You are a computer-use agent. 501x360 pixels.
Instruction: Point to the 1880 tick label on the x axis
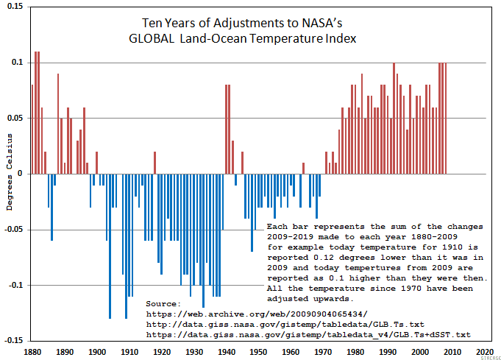[32, 352]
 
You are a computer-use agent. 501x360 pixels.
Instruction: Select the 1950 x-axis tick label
[259, 352]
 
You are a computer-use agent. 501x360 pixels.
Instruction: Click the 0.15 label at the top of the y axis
[14, 7]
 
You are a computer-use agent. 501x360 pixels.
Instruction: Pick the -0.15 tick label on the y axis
[13, 340]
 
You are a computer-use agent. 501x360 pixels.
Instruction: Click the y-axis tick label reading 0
[20, 174]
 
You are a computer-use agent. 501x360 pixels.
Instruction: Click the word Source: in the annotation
[163, 303]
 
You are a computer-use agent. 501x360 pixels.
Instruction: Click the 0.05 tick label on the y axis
[14, 118]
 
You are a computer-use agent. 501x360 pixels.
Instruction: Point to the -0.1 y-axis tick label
[14, 285]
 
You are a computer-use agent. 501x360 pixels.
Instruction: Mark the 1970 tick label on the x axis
[324, 352]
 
